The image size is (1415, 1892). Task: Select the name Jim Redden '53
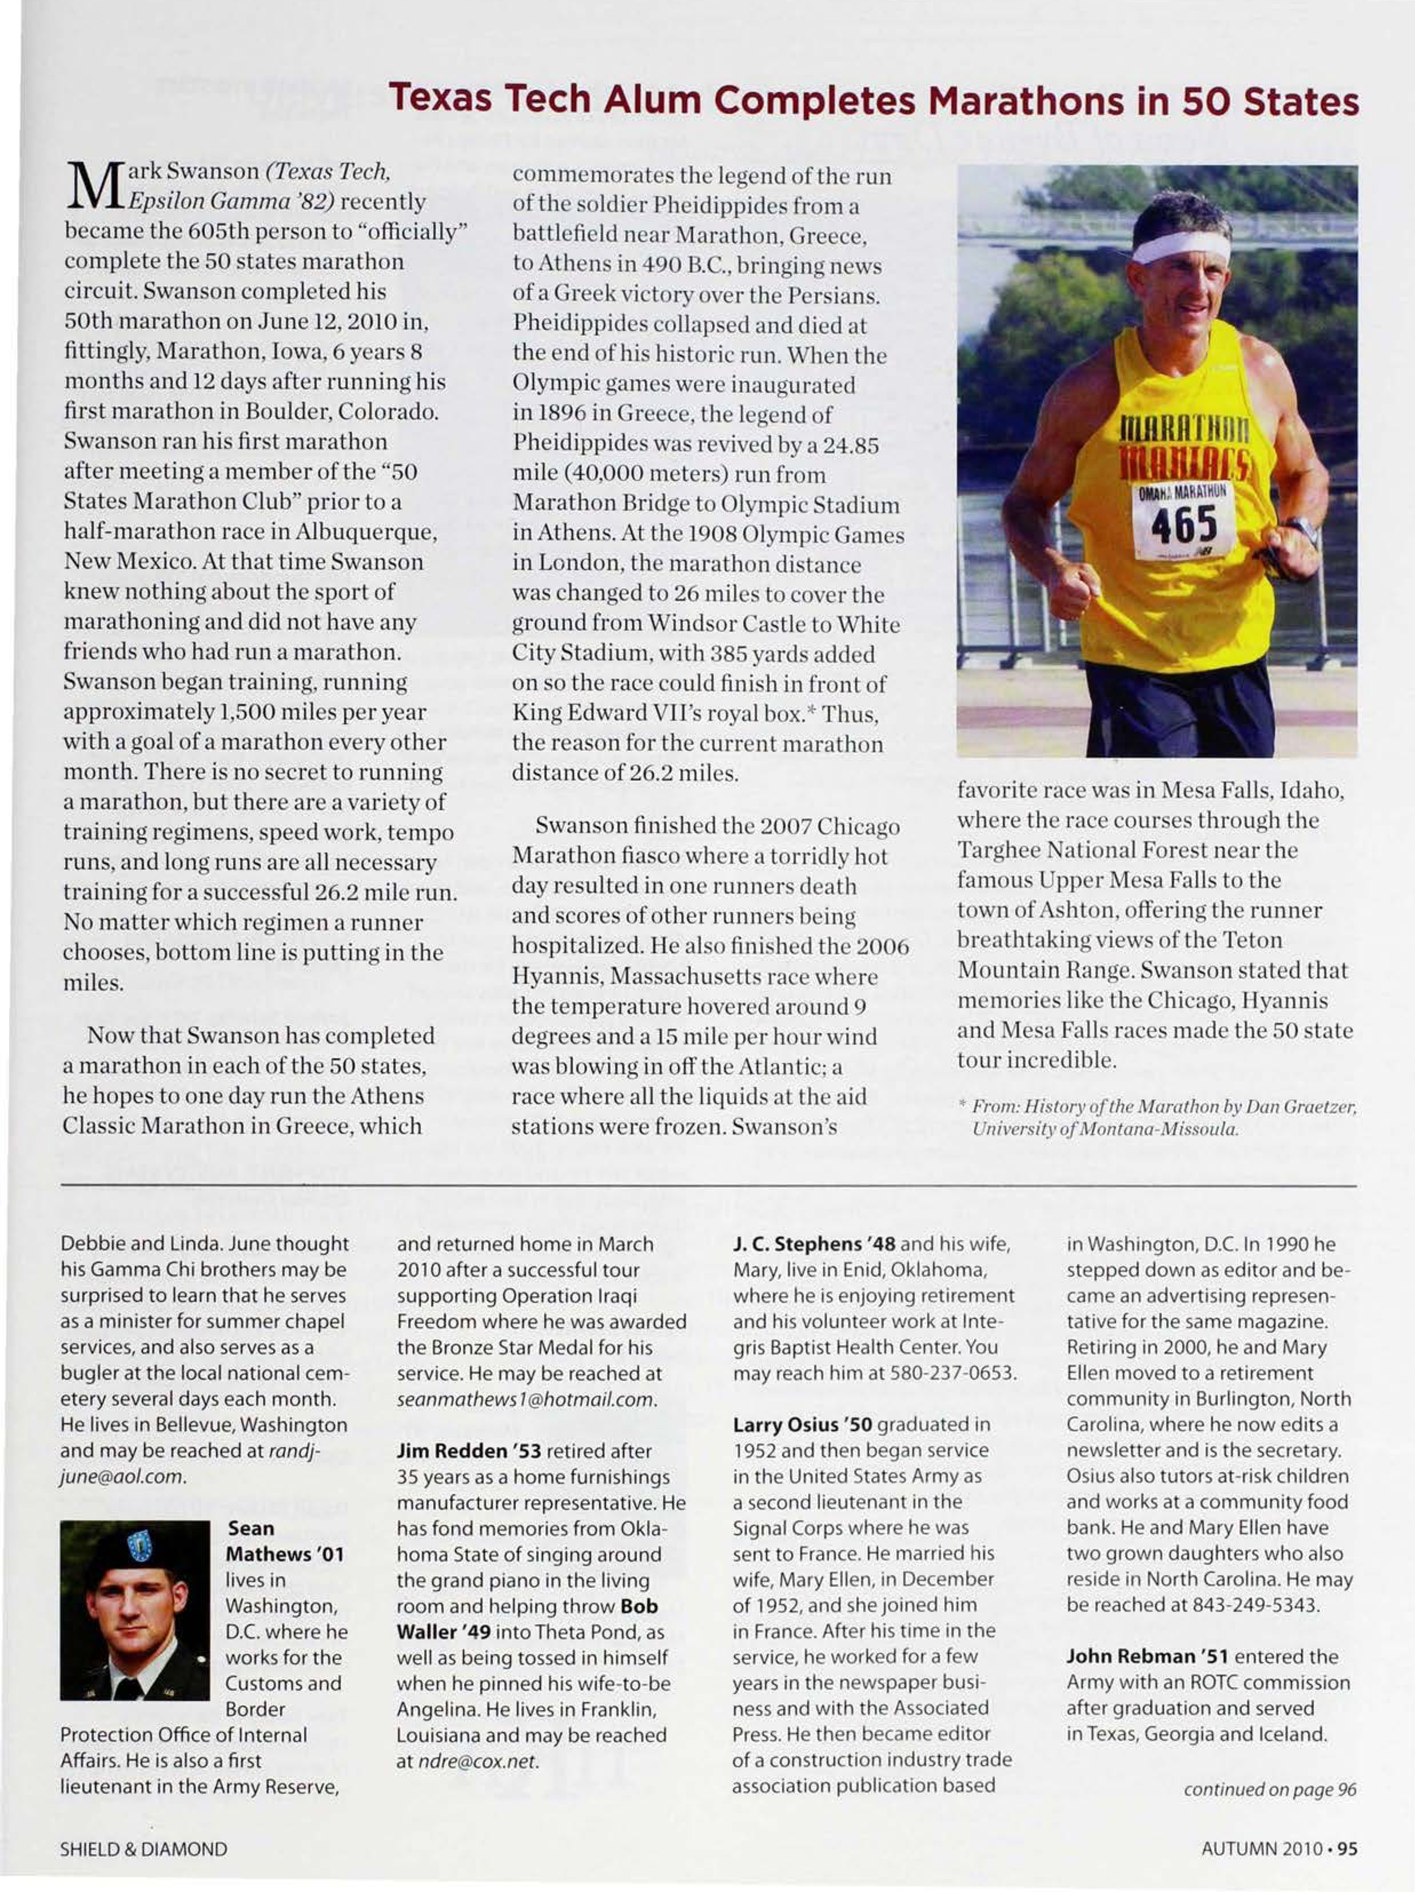coord(469,1452)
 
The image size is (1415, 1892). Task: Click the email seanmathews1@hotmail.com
coord(526,1400)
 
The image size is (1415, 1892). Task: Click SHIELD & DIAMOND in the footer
coord(144,1849)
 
